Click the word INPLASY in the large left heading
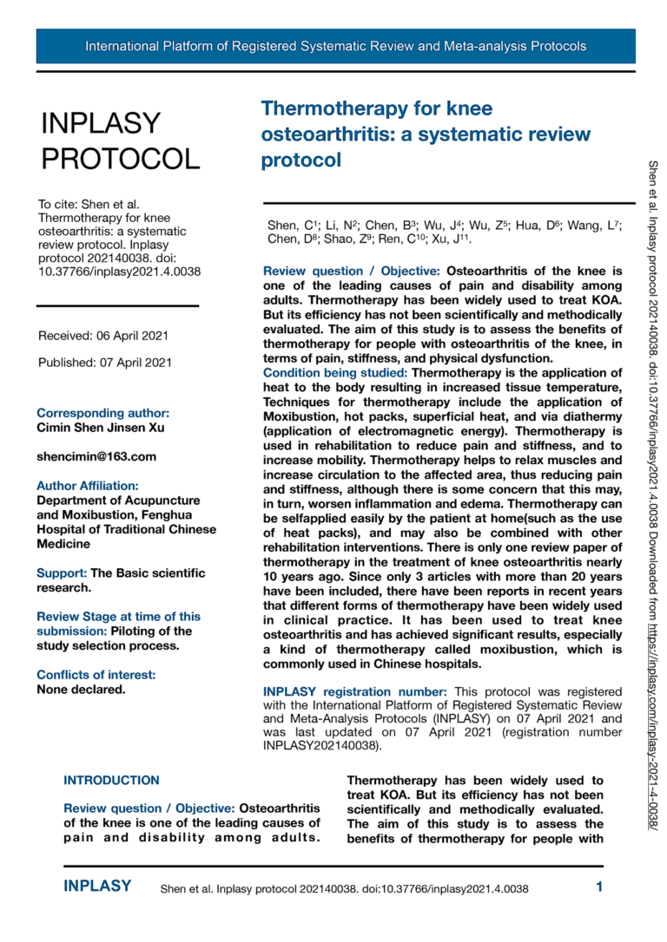[x=101, y=124]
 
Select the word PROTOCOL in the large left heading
[x=120, y=159]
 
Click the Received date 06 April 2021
[x=103, y=336]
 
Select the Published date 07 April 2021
[x=105, y=363]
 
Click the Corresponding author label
[x=102, y=413]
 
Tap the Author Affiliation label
[x=87, y=486]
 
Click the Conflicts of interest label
[x=96, y=675]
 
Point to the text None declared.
[x=81, y=690]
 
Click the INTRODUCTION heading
[x=111, y=781]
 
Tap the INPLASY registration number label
[x=355, y=691]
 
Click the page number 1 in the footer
[x=599, y=886]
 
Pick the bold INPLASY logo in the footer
[x=97, y=886]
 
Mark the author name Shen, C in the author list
[x=283, y=226]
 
